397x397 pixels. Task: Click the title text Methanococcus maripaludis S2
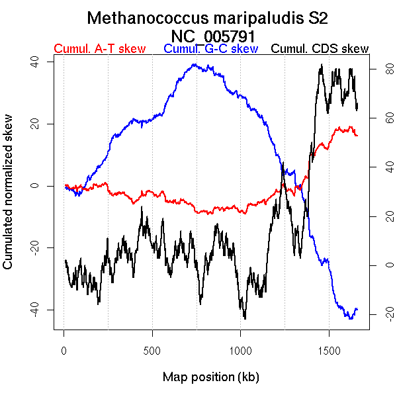pos(208,18)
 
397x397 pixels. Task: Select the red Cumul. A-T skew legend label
pos(99,49)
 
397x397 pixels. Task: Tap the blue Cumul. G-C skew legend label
pos(210,49)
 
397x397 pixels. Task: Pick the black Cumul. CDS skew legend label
pos(320,49)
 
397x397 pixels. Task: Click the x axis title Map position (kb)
pos(210,377)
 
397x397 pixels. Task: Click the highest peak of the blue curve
pos(194,64)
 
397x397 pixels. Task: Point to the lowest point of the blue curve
pos(350,319)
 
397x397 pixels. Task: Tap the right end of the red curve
pos(357,135)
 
